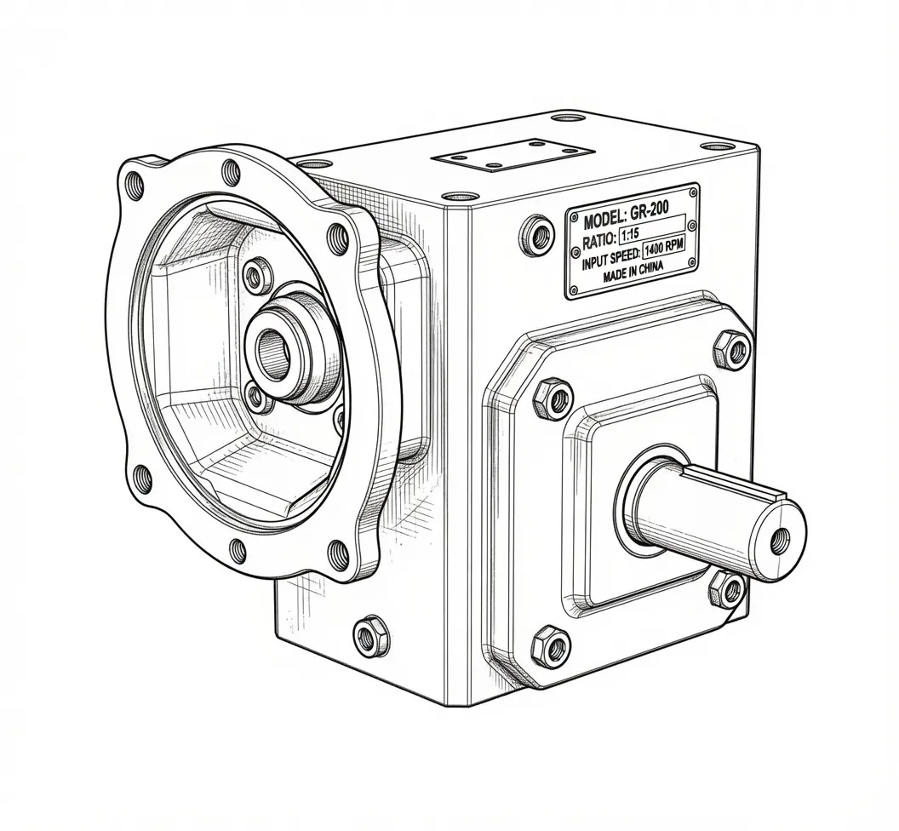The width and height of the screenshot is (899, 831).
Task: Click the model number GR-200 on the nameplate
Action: click(649, 213)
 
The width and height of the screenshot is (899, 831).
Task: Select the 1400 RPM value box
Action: click(665, 249)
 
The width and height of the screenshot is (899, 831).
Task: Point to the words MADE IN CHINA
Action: click(633, 272)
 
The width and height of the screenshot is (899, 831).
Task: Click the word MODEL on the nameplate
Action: click(603, 219)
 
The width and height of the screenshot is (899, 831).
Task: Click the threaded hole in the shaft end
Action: click(780, 538)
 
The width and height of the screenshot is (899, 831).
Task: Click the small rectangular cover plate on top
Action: click(512, 154)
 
